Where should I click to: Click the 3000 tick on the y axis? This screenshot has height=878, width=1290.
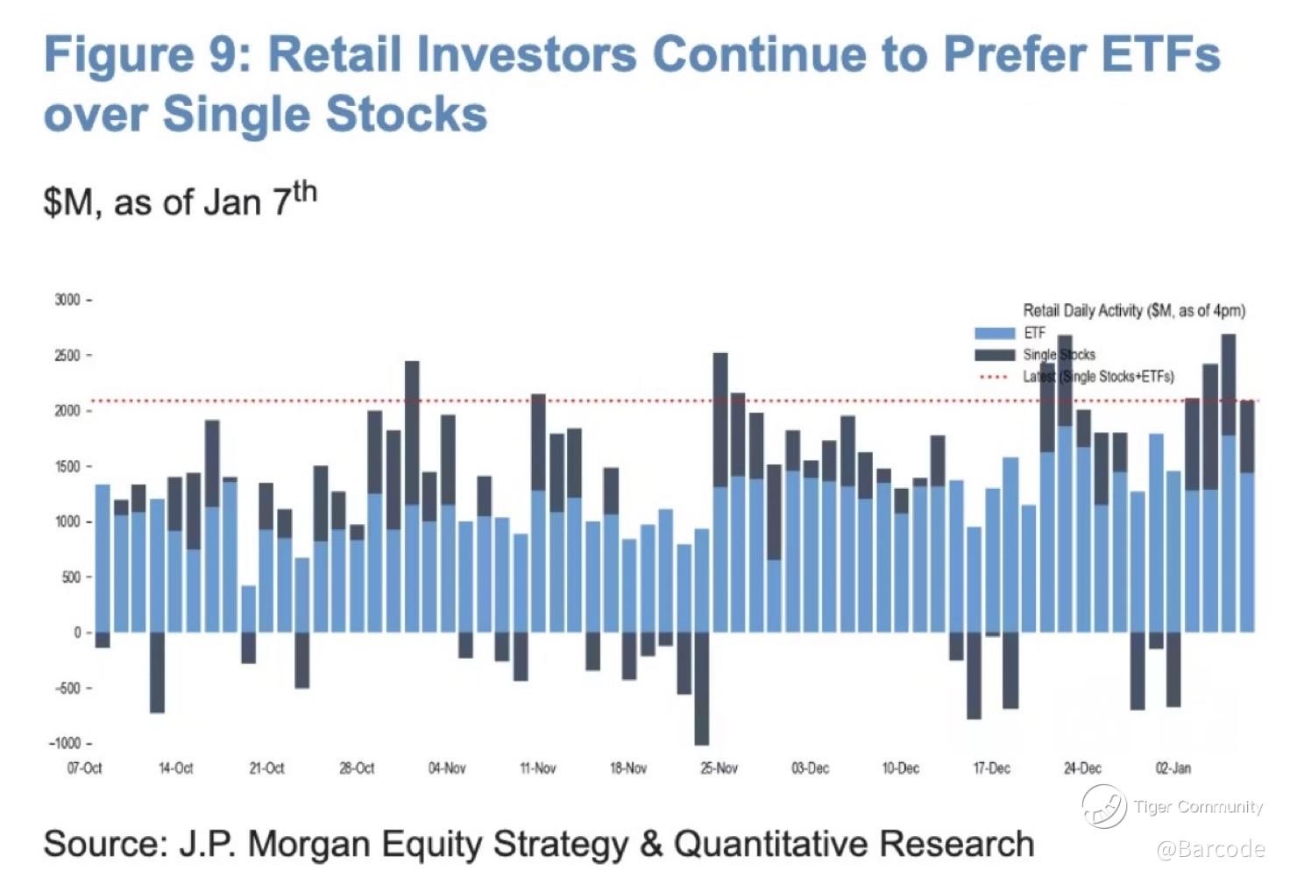point(67,300)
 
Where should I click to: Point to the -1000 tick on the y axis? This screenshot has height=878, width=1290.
point(65,743)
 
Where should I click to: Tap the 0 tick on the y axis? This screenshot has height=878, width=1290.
point(77,633)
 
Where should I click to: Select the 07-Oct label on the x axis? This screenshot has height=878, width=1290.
point(84,768)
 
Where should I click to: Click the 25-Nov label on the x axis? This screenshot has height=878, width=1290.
point(719,768)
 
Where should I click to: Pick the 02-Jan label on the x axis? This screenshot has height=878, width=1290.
point(1173,768)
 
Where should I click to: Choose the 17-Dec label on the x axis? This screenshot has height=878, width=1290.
point(991,768)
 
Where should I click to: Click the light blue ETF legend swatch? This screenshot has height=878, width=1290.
point(995,334)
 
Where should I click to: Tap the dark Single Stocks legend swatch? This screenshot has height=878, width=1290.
point(995,355)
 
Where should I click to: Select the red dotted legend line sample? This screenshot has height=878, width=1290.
point(995,378)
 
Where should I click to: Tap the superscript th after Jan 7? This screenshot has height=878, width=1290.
point(304,192)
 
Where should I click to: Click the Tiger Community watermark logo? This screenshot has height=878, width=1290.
point(1103,806)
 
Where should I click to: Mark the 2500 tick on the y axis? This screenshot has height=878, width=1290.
point(67,356)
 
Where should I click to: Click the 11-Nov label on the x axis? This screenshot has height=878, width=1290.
point(537,768)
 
